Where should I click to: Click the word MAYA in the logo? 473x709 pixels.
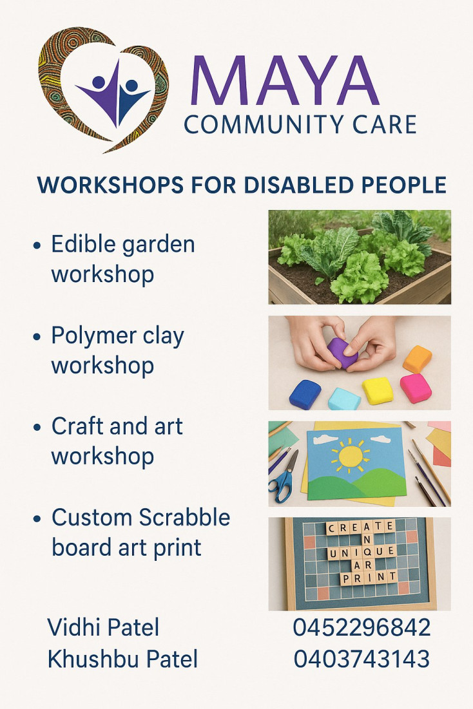pyautogui.click(x=285, y=80)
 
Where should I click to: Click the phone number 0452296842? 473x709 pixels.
pyautogui.click(x=362, y=628)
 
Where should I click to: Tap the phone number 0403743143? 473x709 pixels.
pyautogui.click(x=362, y=659)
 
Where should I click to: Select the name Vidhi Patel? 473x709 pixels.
pyautogui.click(x=103, y=628)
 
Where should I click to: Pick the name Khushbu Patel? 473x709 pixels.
pyautogui.click(x=122, y=659)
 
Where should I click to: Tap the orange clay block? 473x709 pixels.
pyautogui.click(x=418, y=359)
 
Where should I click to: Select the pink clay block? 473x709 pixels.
pyautogui.click(x=416, y=388)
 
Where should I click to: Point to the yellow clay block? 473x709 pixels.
pyautogui.click(x=378, y=391)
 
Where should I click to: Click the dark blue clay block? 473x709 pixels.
pyautogui.click(x=305, y=394)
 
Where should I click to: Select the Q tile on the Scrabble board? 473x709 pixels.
pyautogui.click(x=366, y=552)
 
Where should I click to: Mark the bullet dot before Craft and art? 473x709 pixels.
pyautogui.click(x=37, y=428)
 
